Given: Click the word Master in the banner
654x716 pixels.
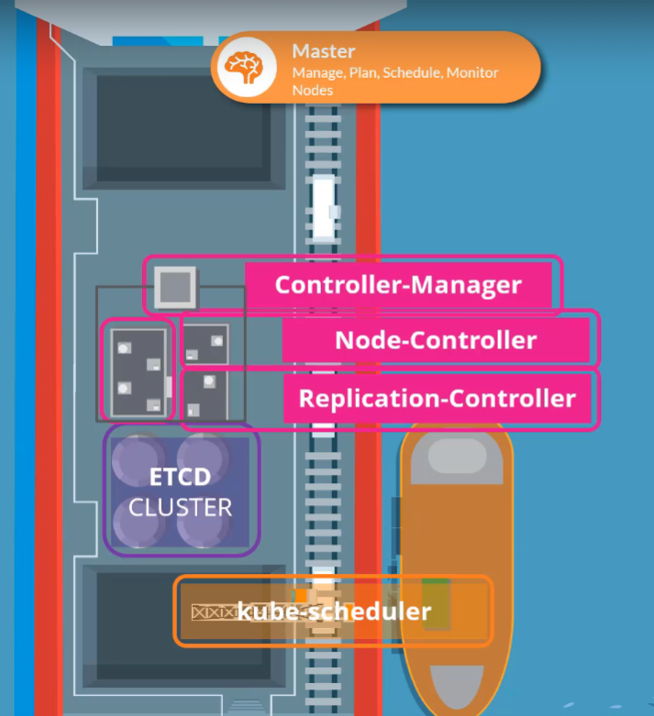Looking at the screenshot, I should click(323, 51).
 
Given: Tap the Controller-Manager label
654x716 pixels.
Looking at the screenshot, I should click(398, 285).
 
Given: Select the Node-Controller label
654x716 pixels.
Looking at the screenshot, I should click(435, 341).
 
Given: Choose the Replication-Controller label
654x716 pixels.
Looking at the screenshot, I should click(437, 399).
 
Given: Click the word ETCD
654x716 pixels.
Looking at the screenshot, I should click(180, 478).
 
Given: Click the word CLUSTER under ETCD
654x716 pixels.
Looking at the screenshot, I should click(180, 507).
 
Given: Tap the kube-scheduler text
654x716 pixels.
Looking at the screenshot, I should click(334, 611).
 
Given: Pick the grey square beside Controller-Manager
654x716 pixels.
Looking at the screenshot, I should click(175, 287).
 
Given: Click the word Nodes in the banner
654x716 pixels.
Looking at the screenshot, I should click(312, 90).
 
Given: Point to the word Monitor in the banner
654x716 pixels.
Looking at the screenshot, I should click(472, 72).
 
